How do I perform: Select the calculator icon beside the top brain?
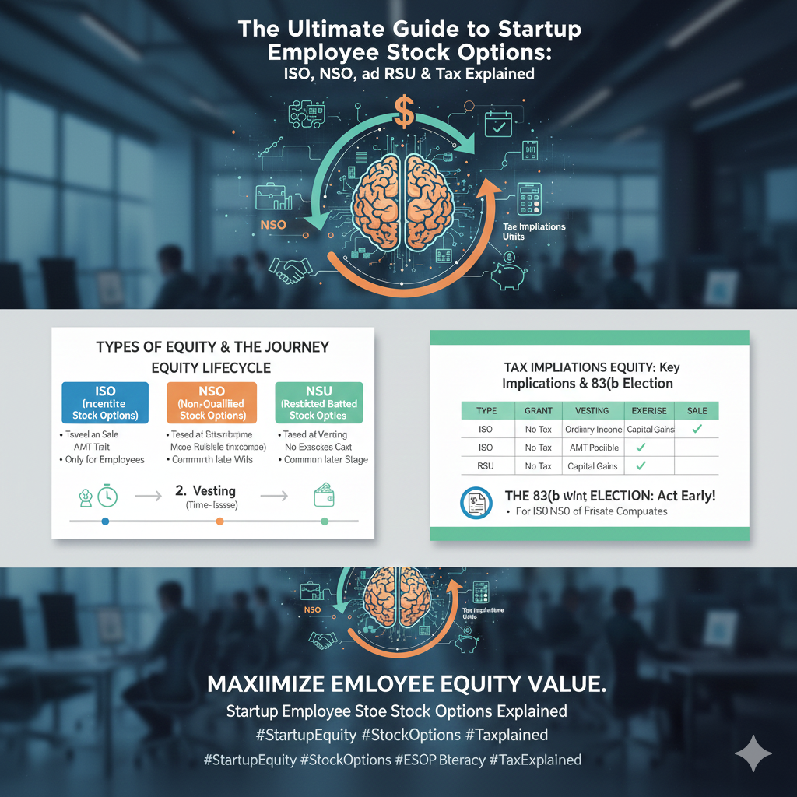click(530, 200)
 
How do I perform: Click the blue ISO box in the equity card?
click(105, 403)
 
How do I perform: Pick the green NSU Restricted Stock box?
click(319, 403)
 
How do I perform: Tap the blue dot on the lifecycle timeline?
click(105, 521)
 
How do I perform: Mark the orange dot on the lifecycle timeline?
click(219, 521)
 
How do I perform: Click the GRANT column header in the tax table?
click(538, 410)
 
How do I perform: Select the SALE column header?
click(697, 410)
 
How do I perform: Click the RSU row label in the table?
click(485, 466)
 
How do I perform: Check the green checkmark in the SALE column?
click(697, 428)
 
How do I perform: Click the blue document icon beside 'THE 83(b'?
click(475, 503)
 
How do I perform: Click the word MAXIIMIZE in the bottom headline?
click(265, 685)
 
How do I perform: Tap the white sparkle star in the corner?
click(753, 753)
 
